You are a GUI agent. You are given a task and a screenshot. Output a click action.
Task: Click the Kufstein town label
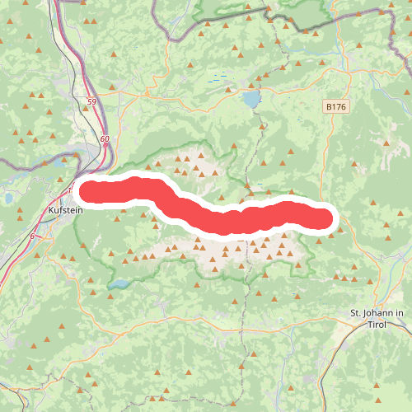(x=66, y=211)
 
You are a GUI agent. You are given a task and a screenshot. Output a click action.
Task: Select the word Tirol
(x=377, y=325)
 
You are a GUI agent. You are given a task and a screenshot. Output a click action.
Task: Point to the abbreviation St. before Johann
(x=357, y=313)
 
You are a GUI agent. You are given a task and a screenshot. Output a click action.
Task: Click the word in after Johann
(x=399, y=313)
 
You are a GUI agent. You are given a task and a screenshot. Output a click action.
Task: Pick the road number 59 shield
(x=90, y=102)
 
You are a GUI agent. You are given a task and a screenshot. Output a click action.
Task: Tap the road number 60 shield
(x=104, y=139)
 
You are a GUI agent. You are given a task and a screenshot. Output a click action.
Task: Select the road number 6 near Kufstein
(x=32, y=236)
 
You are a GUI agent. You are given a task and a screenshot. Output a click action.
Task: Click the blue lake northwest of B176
(x=249, y=100)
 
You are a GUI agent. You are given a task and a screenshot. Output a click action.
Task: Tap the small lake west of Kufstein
(x=7, y=199)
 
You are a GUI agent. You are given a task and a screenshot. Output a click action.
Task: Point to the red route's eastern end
(x=326, y=218)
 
